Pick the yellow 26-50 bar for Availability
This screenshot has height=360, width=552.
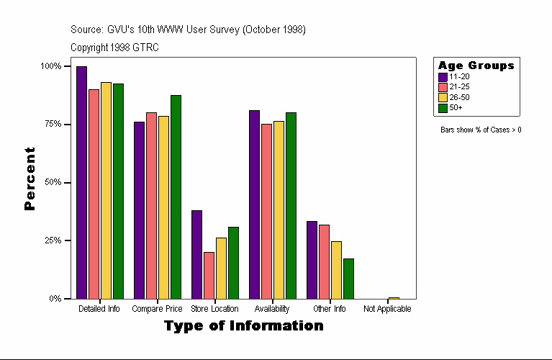(279, 210)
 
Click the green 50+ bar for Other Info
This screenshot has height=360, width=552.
(348, 279)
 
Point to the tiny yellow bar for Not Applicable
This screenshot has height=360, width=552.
(394, 297)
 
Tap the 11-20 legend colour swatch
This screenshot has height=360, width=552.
(443, 77)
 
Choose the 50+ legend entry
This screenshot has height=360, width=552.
(456, 108)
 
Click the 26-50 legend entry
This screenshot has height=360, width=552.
(458, 97)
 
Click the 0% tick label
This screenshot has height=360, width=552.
(55, 299)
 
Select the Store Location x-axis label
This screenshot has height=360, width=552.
(214, 309)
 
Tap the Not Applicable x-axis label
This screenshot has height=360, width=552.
(387, 309)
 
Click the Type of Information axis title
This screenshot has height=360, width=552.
(243, 326)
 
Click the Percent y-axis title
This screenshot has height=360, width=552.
(30, 179)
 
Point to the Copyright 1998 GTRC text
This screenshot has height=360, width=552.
(114, 48)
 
